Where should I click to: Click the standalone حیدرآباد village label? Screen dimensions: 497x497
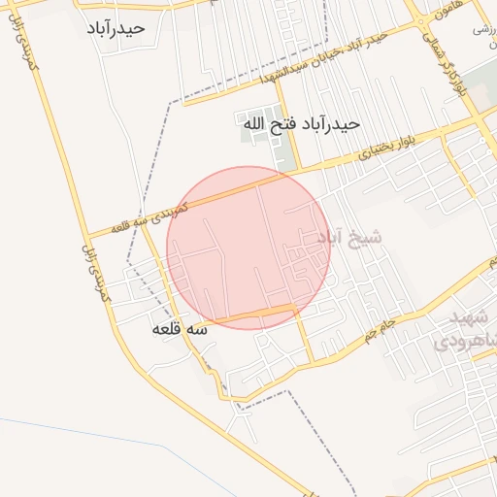click(x=115, y=27)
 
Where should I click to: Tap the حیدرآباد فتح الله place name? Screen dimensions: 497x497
click(x=301, y=124)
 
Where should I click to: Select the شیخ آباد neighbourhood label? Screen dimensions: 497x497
click(x=350, y=236)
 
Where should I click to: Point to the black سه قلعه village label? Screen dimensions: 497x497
click(x=180, y=329)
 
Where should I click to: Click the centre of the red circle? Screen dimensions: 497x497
click(x=248, y=248)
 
